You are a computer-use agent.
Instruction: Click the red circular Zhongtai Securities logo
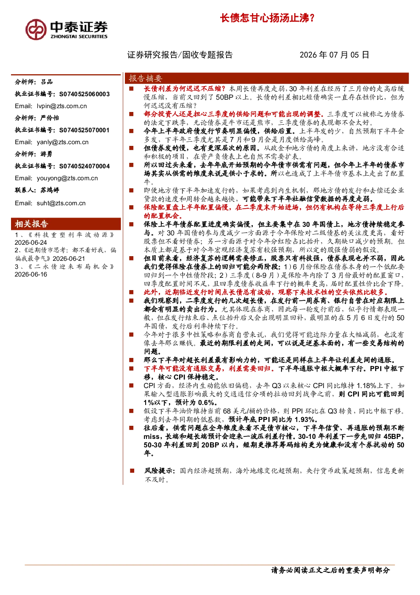(x=36, y=30)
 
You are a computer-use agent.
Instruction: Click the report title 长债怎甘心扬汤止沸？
(x=267, y=18)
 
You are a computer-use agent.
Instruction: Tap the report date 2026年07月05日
(x=334, y=55)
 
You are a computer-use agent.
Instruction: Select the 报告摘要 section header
(x=145, y=78)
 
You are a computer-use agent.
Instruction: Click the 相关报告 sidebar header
(x=31, y=224)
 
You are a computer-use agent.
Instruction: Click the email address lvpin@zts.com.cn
(x=62, y=106)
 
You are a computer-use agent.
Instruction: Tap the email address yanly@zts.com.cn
(x=63, y=142)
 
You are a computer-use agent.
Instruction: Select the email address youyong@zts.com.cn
(x=67, y=178)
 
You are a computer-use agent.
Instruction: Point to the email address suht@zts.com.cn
(x=61, y=203)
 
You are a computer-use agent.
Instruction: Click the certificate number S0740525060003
(x=84, y=94)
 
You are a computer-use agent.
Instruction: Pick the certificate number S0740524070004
(x=84, y=166)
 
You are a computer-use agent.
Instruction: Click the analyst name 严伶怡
(x=50, y=118)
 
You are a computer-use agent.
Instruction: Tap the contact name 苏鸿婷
(x=50, y=190)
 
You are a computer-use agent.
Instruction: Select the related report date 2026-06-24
(x=31, y=243)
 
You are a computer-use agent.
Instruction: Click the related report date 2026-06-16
(x=31, y=274)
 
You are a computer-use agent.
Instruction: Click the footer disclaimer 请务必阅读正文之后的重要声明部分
(x=330, y=570)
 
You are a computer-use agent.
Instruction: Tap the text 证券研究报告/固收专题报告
(x=180, y=55)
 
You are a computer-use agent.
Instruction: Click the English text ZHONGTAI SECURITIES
(x=79, y=36)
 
